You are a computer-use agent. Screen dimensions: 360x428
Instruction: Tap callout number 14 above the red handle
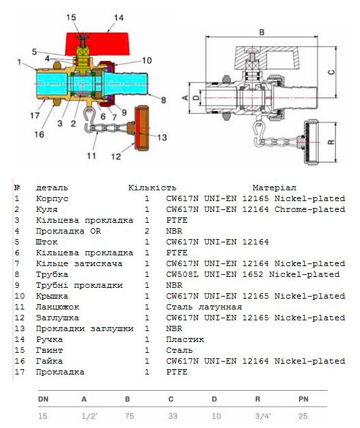click(x=119, y=18)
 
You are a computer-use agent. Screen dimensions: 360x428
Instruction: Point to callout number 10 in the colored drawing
click(x=147, y=60)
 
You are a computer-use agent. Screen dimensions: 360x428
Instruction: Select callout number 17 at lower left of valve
click(x=35, y=115)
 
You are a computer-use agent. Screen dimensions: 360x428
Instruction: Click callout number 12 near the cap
click(x=116, y=156)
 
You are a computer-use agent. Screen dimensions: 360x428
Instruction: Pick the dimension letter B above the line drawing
click(x=262, y=33)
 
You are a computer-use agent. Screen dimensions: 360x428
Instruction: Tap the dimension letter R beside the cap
click(x=331, y=142)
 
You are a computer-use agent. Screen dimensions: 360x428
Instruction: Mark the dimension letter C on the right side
click(x=331, y=72)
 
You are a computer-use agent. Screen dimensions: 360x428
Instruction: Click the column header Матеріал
click(x=274, y=188)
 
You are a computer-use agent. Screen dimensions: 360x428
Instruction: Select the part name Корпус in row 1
click(x=52, y=198)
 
